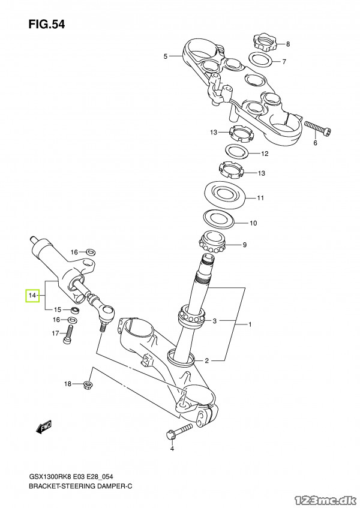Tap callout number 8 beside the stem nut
point(288,44)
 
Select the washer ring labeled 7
point(259,59)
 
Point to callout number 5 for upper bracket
point(166,56)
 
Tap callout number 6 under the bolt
point(314,143)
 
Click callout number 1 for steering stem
point(251,324)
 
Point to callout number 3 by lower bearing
point(214,320)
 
